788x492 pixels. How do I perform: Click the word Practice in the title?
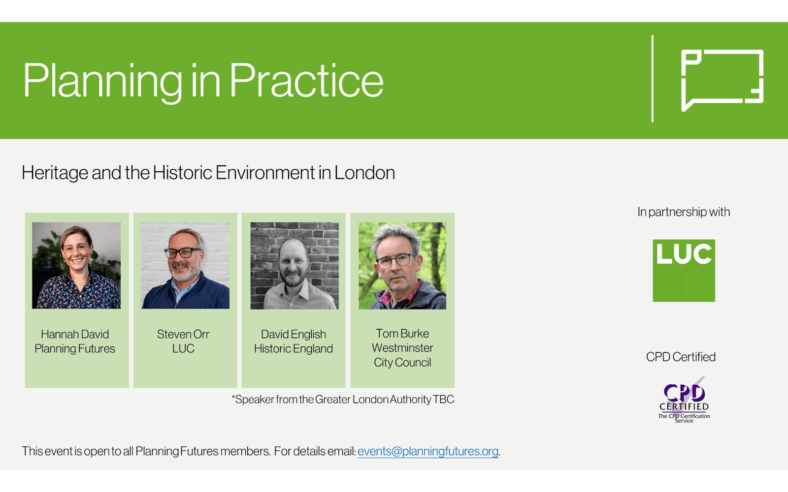(306, 80)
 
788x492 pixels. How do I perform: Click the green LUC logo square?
(684, 271)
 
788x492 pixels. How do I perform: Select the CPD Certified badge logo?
(684, 400)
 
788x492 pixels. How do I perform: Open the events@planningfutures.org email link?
(428, 451)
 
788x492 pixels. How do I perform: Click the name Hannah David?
(75, 334)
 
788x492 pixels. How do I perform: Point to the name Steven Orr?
(183, 334)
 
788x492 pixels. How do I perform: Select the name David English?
(294, 334)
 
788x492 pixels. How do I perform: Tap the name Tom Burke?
(402, 333)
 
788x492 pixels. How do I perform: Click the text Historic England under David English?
(294, 348)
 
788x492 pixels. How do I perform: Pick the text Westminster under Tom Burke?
(402, 347)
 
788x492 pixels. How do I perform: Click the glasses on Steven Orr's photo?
(183, 252)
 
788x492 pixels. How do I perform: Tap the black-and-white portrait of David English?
(295, 266)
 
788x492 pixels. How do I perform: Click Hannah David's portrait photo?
(76, 265)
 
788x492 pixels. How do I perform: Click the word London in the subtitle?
(364, 173)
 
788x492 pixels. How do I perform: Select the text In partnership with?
(684, 212)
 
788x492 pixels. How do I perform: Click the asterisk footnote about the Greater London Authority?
(343, 399)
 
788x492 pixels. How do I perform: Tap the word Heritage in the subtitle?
(55, 173)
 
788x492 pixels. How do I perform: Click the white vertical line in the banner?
(653, 79)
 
